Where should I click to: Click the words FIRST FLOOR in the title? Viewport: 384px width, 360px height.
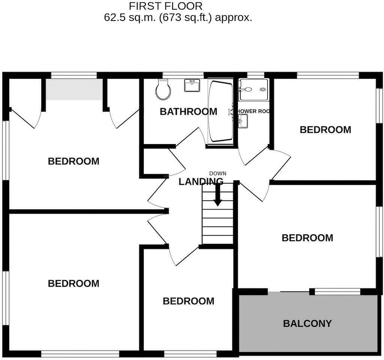point(165,6)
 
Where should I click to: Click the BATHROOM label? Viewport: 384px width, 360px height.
point(188,111)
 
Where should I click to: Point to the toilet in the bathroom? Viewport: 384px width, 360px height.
point(163,89)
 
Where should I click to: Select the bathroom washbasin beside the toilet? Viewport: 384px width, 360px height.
point(192,86)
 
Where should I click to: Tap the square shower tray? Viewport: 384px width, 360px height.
point(254,90)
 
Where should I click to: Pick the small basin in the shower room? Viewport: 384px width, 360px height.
point(243,121)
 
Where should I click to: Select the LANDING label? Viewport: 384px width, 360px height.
point(201,182)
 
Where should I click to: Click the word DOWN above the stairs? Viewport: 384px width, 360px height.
point(217,173)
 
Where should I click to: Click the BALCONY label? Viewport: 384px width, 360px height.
point(307,323)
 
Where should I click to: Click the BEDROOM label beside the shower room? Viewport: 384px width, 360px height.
point(325,130)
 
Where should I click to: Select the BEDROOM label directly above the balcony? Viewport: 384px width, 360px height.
point(307,238)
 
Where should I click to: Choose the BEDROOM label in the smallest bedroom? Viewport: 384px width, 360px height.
point(188,301)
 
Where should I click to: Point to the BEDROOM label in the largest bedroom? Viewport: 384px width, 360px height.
point(73,283)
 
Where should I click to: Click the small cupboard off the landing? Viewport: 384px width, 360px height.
point(154,162)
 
